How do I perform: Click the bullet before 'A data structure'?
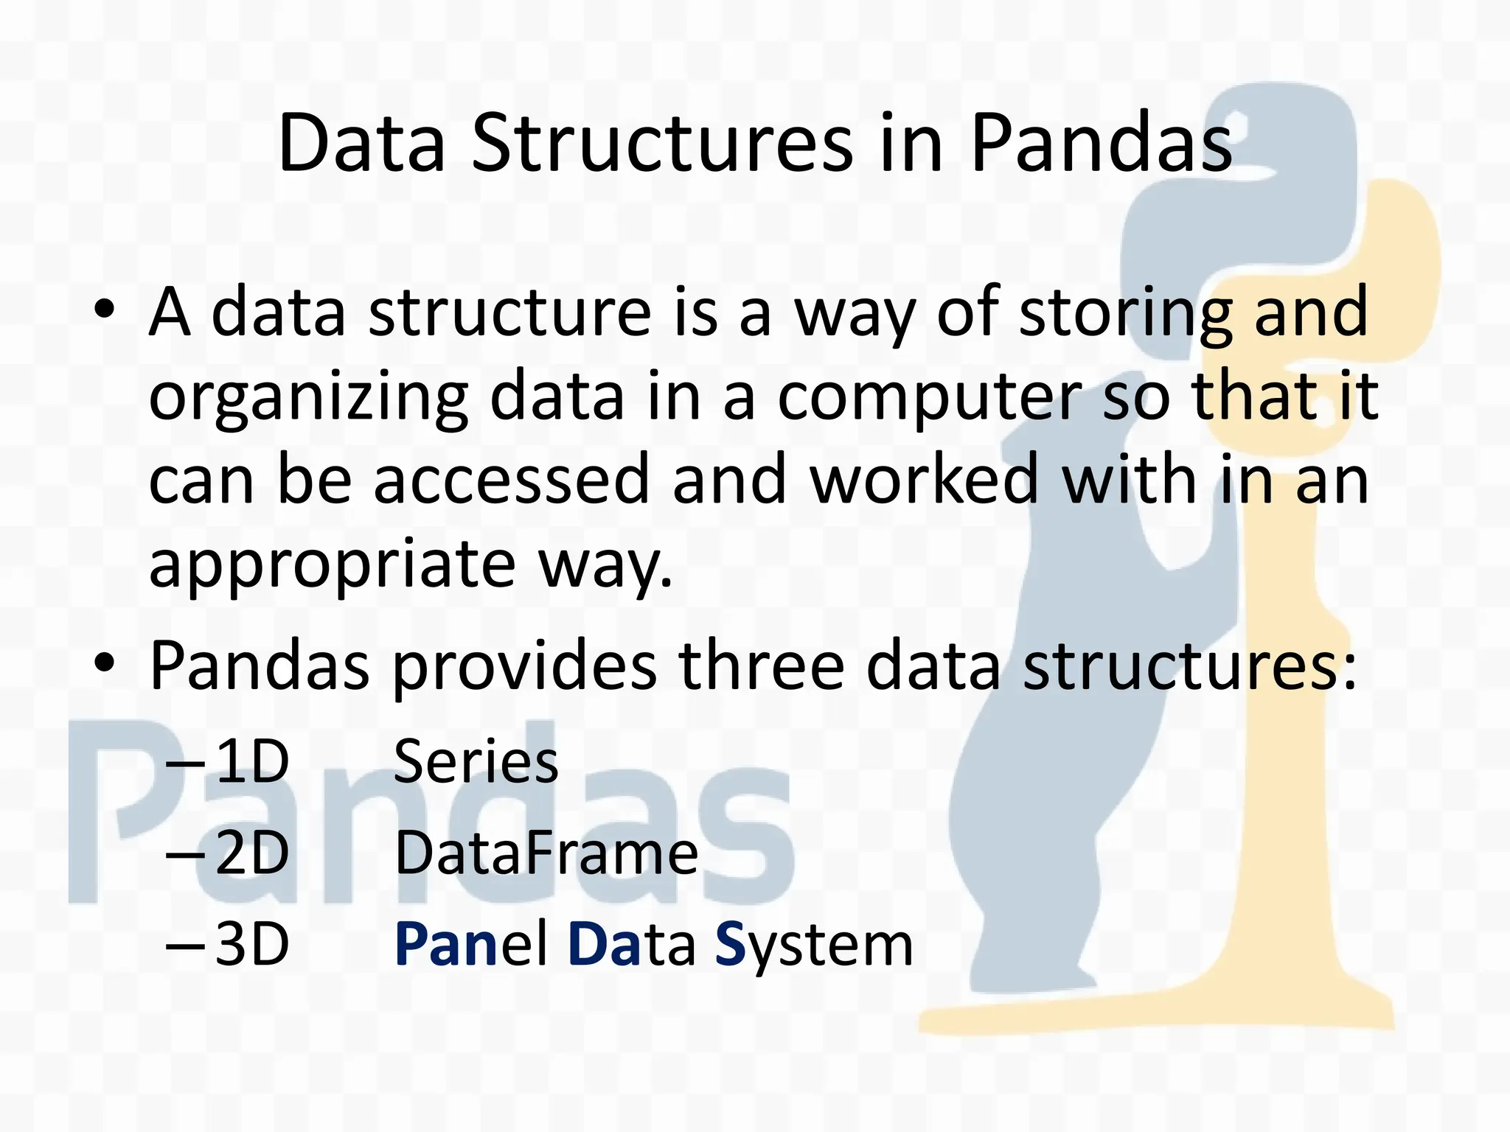(105, 308)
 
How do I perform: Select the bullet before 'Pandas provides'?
(105, 662)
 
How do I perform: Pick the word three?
(761, 665)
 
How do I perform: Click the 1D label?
(251, 762)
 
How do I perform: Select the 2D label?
(251, 853)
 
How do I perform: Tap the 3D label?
(251, 945)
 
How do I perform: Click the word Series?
(476, 762)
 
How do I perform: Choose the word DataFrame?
(546, 853)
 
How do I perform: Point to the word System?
(814, 945)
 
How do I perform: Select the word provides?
(523, 666)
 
